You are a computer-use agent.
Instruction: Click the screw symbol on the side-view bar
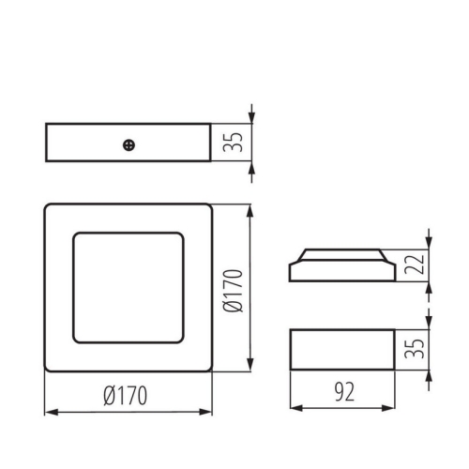click(x=129, y=144)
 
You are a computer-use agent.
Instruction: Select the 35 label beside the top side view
click(x=235, y=143)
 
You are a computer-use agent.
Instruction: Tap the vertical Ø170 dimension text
click(x=234, y=288)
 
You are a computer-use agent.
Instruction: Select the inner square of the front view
click(x=129, y=287)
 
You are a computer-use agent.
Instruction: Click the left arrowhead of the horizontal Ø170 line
click(x=49, y=411)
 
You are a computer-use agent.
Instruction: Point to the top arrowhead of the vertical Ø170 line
click(x=250, y=209)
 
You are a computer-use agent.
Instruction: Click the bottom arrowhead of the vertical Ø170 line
click(x=250, y=367)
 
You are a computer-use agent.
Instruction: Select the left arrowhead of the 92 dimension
click(x=295, y=407)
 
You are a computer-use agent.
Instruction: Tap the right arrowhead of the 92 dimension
click(x=388, y=407)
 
